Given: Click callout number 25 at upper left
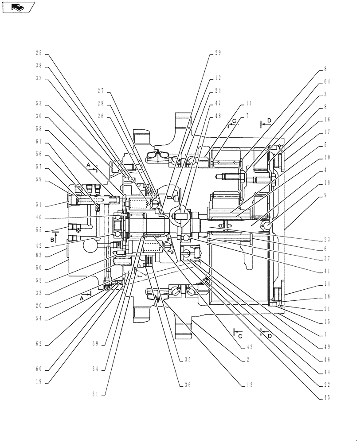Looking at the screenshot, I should (39, 53).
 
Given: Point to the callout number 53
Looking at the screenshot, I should (39, 104).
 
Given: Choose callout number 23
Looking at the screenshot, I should (326, 239).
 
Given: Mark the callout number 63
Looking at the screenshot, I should (39, 255).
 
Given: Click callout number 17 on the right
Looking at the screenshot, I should (326, 132).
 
